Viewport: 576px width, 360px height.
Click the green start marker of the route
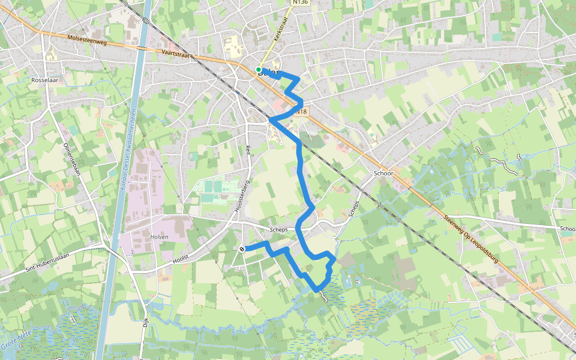(x=259, y=70)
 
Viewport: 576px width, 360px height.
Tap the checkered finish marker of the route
(x=242, y=248)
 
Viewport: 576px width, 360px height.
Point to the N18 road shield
(x=301, y=112)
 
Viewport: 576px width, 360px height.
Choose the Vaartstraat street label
(x=175, y=53)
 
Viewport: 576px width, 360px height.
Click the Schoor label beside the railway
(x=383, y=173)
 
